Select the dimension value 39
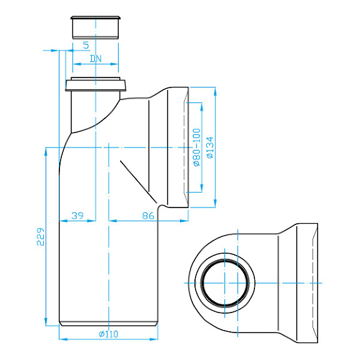77,215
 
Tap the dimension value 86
148,215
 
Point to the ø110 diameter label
108,334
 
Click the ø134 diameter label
210,147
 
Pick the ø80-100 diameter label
196,147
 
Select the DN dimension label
96,58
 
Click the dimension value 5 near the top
85,45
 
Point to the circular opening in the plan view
226,282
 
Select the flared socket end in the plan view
306,282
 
